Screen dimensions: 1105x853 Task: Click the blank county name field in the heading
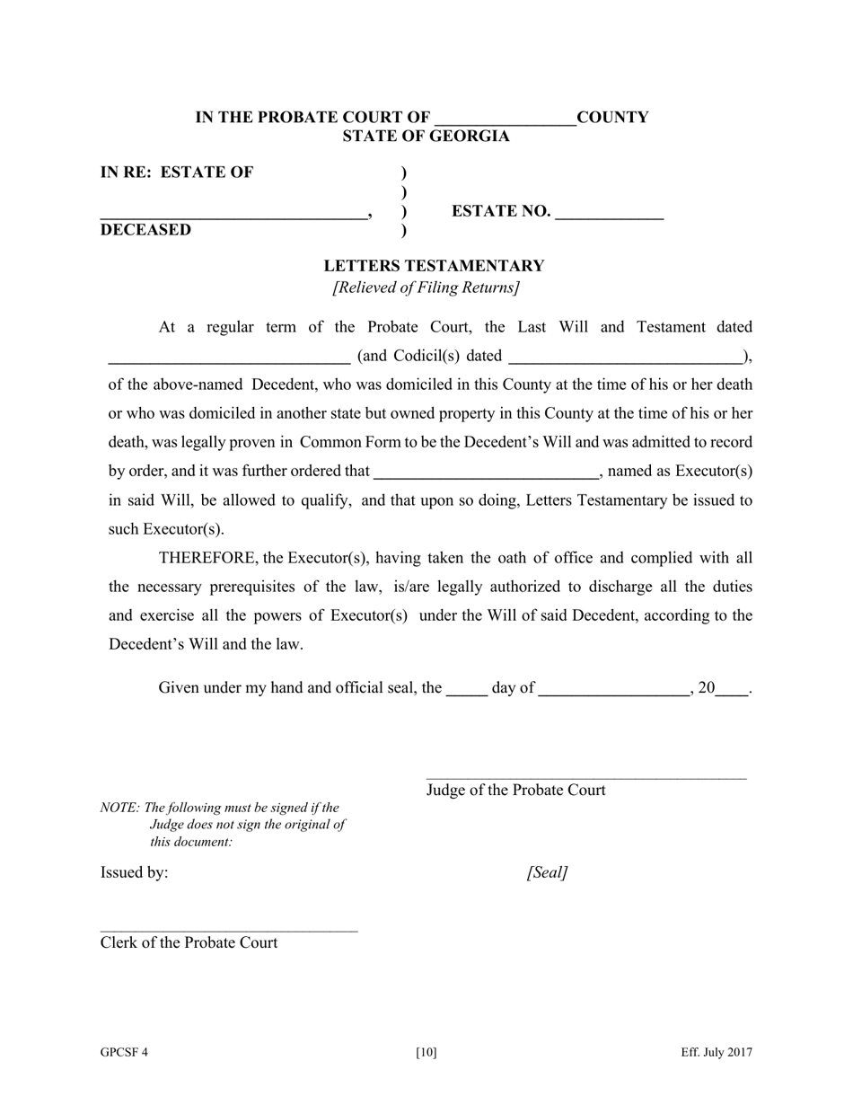[505, 119]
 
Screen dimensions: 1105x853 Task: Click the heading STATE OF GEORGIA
[426, 137]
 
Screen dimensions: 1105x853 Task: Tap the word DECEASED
[145, 230]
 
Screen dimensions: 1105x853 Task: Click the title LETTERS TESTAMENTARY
[434, 266]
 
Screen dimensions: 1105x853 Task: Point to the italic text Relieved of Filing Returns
[426, 287]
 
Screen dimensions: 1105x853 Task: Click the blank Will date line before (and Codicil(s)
[229, 357]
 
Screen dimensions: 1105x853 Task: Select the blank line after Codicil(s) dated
[626, 357]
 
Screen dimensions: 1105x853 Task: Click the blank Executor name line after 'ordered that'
[485, 472]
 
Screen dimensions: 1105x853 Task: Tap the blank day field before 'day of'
[466, 689]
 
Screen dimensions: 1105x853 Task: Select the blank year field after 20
[732, 689]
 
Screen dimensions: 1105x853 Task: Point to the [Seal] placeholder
[547, 872]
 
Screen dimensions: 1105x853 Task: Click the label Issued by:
[134, 872]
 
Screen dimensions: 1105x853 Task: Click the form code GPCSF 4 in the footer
[124, 1053]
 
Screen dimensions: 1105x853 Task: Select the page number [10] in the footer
[426, 1053]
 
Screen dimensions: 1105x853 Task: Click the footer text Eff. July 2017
[716, 1053]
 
